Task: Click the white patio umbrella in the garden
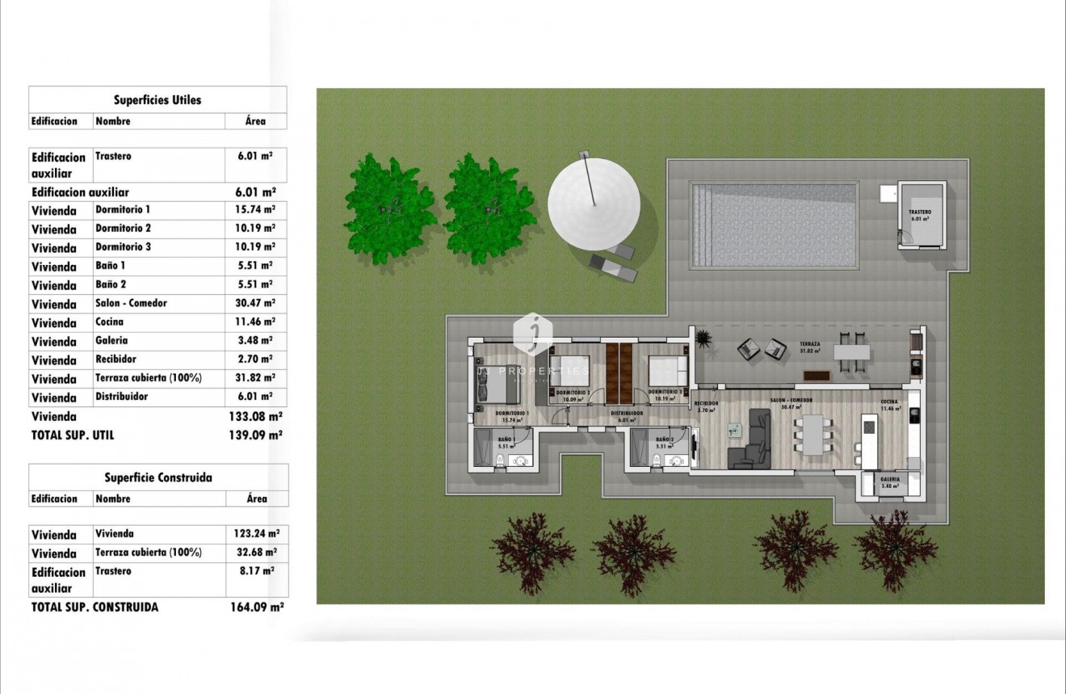(x=594, y=201)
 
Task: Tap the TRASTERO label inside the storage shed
(x=920, y=212)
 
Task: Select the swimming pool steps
(x=701, y=225)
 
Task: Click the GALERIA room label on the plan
(x=890, y=478)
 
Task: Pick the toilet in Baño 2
(x=657, y=461)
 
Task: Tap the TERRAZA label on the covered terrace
(x=809, y=344)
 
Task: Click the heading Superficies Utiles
(x=157, y=100)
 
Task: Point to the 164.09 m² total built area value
(x=256, y=607)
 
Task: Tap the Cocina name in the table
(x=110, y=322)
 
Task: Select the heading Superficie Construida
(x=158, y=477)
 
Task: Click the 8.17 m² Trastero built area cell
(x=256, y=570)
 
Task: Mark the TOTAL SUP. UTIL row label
(x=73, y=435)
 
